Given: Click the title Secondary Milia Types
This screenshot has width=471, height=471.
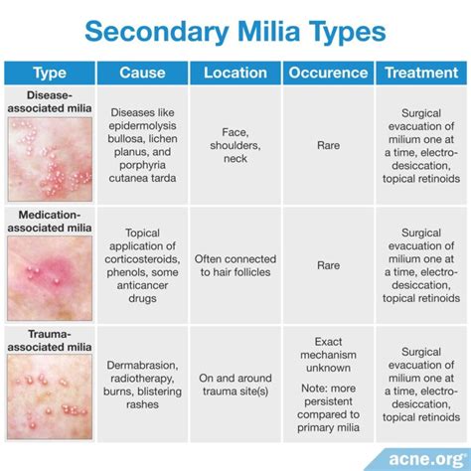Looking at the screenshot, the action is click(235, 32).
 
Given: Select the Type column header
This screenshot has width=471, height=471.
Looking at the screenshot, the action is click(50, 73).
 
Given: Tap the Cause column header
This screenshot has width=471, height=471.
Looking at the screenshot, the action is click(142, 73).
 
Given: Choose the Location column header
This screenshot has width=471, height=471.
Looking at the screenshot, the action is click(235, 73).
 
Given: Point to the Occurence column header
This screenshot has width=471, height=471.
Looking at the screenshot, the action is click(328, 73).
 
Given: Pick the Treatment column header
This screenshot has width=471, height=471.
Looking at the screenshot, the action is click(421, 73).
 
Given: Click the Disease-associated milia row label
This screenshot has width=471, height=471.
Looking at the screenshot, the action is click(50, 101).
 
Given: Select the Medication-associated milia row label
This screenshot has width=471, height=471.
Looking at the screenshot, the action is click(50, 222).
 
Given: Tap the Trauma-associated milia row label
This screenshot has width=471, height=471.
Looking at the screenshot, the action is click(50, 341).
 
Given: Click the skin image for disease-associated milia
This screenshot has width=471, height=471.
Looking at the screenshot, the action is click(50, 159).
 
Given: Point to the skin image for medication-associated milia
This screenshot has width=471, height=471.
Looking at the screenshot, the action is click(50, 278).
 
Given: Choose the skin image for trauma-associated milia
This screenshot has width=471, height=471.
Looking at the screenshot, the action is click(50, 397).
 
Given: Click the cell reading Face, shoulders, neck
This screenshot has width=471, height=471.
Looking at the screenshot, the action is click(235, 145).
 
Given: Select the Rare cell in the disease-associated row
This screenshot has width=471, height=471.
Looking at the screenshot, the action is click(328, 145).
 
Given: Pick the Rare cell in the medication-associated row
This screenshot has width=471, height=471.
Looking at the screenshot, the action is click(328, 265).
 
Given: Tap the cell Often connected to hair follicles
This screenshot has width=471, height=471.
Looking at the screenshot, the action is click(235, 265).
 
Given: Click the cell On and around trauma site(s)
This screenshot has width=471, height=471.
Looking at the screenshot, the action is click(235, 385).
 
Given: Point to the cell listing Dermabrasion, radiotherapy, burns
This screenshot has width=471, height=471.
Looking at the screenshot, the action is click(142, 385).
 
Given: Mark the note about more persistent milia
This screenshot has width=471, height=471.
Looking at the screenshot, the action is click(328, 407).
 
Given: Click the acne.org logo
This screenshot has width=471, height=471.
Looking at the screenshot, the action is click(427, 460).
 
